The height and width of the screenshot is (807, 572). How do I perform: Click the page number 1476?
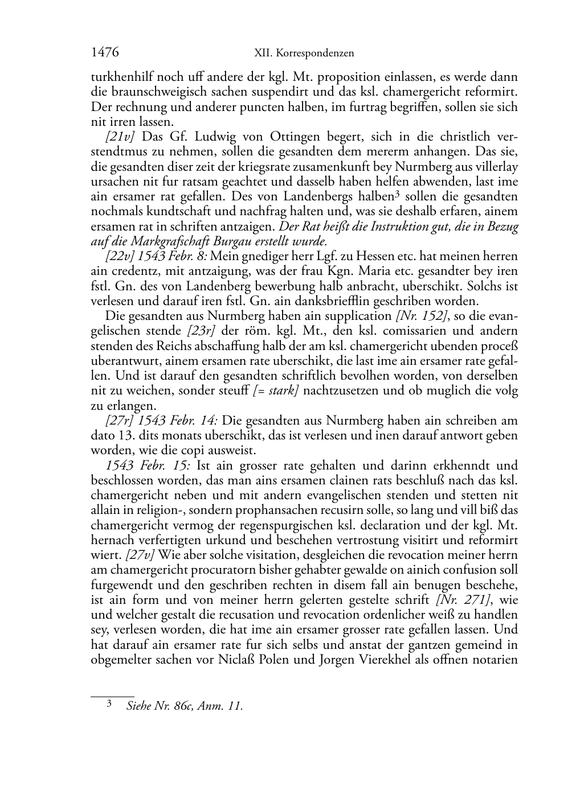(105, 53)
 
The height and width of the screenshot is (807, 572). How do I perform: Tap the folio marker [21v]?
(120, 137)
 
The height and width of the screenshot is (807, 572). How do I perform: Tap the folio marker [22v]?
(120, 256)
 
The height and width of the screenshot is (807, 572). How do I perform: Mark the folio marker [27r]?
(120, 421)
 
